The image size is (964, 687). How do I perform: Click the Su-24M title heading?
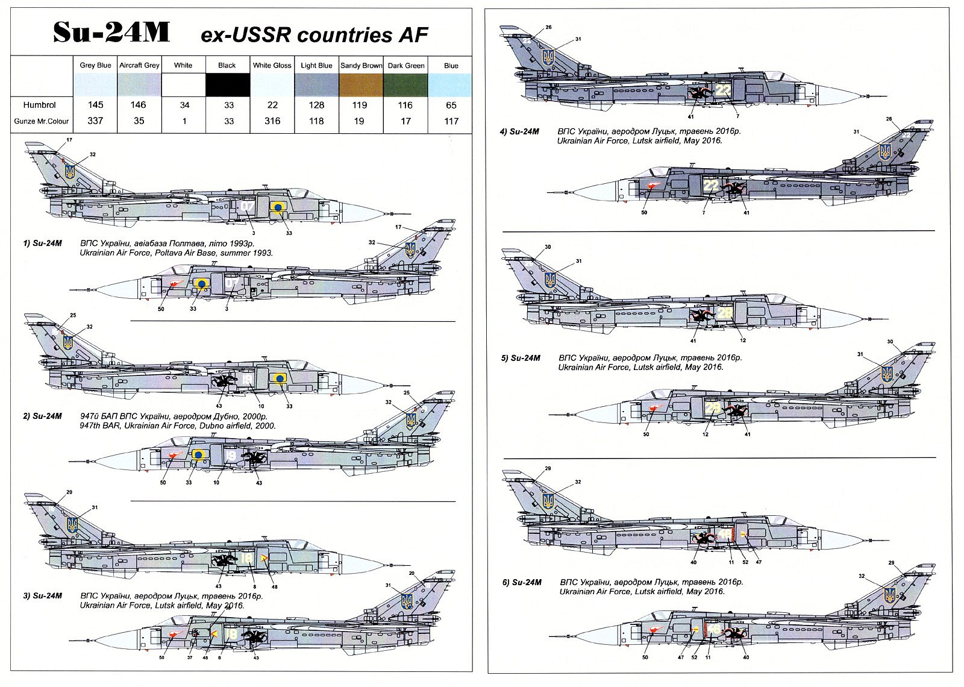coord(111,34)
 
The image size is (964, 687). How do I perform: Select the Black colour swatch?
coord(227,84)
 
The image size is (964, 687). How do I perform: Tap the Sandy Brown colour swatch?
coord(361,84)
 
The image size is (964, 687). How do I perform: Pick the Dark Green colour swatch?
coord(405,84)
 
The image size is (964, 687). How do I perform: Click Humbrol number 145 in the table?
coord(95,105)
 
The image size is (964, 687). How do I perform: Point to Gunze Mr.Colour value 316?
coord(272,121)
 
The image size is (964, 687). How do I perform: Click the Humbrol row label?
coord(39,105)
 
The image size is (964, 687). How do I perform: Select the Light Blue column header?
coord(316,65)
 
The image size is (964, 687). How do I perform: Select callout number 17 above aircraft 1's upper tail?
coord(69,140)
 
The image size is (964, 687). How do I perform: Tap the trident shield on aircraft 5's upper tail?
coord(549,279)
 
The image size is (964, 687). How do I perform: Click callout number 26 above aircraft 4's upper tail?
coord(548,28)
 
